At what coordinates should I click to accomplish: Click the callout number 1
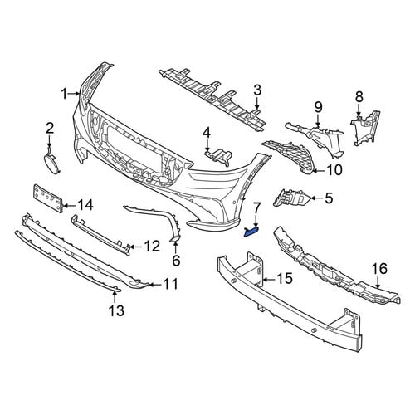click(65, 94)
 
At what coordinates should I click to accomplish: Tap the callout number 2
click(50, 129)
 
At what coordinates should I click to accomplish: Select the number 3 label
click(257, 90)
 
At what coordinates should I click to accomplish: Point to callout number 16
click(379, 268)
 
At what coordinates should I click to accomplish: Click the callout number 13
click(116, 310)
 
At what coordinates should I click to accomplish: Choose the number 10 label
click(334, 170)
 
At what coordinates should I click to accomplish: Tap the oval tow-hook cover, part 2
click(52, 164)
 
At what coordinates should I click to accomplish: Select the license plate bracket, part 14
click(47, 198)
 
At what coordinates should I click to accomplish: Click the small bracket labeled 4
click(219, 156)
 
